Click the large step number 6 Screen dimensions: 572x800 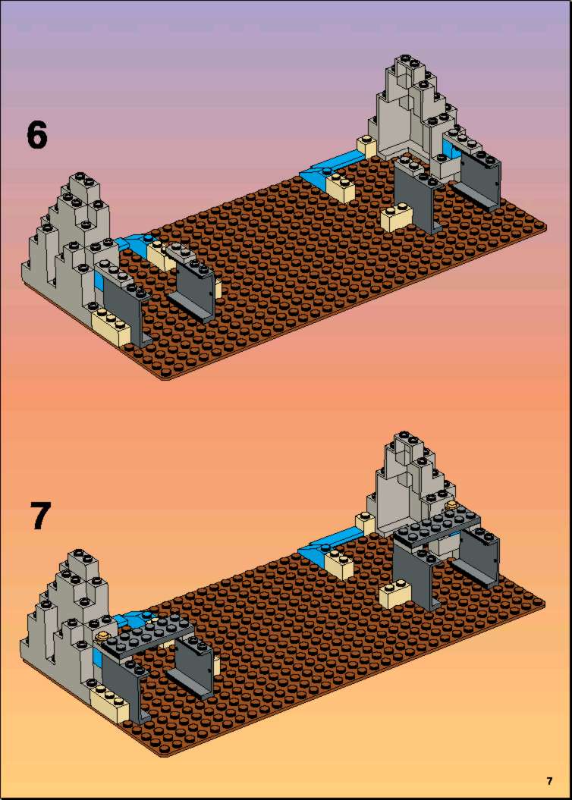click(x=36, y=135)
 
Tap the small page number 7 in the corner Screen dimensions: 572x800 click(x=549, y=780)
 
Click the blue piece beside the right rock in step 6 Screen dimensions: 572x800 click(x=332, y=166)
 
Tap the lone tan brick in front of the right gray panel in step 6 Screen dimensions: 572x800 click(x=396, y=218)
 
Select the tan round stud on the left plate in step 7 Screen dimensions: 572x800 click(x=103, y=635)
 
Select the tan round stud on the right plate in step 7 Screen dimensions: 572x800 click(x=451, y=506)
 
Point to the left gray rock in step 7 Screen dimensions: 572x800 click(x=64, y=623)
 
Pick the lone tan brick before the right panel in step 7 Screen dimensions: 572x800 click(x=395, y=594)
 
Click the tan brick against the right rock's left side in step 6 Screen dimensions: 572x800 click(x=366, y=146)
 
